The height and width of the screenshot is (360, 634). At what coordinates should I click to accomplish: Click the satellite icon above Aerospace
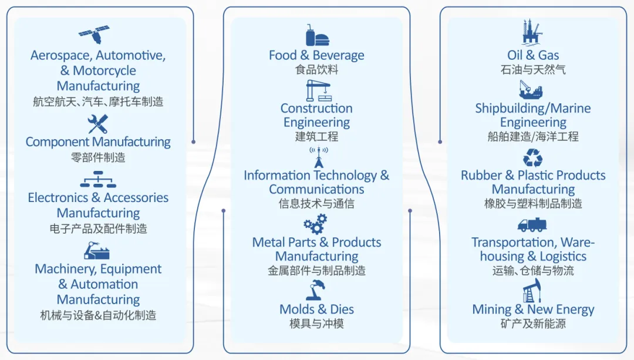(95, 36)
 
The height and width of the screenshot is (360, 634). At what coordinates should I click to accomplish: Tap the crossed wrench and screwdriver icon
(97, 124)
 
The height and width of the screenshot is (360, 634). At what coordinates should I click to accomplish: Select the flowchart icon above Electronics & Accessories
(98, 179)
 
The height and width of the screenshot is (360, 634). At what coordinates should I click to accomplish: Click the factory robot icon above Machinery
(97, 251)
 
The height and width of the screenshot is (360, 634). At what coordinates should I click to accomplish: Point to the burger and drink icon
(317, 36)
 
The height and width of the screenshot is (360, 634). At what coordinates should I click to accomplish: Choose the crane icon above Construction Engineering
(318, 91)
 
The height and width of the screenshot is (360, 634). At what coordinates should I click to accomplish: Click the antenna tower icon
(318, 157)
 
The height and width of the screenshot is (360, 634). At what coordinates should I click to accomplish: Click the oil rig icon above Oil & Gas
(532, 33)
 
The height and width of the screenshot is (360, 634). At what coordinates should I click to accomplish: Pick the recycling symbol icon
(533, 157)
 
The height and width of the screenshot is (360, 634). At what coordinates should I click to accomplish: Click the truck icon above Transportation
(532, 225)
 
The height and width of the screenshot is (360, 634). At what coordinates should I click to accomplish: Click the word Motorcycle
(104, 71)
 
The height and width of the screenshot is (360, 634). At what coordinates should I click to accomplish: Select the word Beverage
(339, 56)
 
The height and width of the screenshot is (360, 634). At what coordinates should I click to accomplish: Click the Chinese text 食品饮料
(317, 70)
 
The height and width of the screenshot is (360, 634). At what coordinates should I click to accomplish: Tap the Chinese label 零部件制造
(98, 157)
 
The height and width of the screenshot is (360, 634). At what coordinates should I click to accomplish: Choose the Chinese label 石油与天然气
(533, 70)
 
